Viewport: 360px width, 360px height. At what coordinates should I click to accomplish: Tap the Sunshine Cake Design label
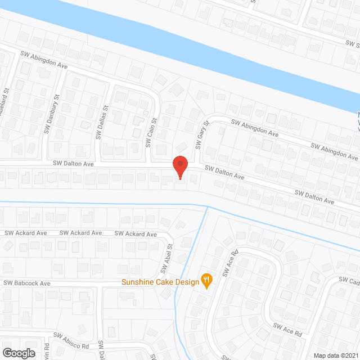click(160, 281)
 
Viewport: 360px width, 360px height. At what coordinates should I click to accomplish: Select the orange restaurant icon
click(206, 281)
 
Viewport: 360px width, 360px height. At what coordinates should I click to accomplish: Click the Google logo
click(19, 353)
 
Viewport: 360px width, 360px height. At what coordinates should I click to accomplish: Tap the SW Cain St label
click(151, 132)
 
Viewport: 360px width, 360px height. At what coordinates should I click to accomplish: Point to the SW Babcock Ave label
click(27, 283)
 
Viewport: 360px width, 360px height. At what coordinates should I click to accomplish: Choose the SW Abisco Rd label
click(71, 340)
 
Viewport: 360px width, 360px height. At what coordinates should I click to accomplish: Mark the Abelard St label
click(6, 102)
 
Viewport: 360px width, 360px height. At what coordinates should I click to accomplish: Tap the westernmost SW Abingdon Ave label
click(44, 60)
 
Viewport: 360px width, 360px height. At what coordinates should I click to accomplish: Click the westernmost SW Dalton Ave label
click(73, 163)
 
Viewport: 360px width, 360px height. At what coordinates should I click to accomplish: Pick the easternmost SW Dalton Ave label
click(315, 197)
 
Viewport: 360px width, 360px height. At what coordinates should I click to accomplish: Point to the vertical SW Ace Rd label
click(227, 264)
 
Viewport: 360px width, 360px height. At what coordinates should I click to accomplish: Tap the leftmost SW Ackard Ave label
click(26, 233)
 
